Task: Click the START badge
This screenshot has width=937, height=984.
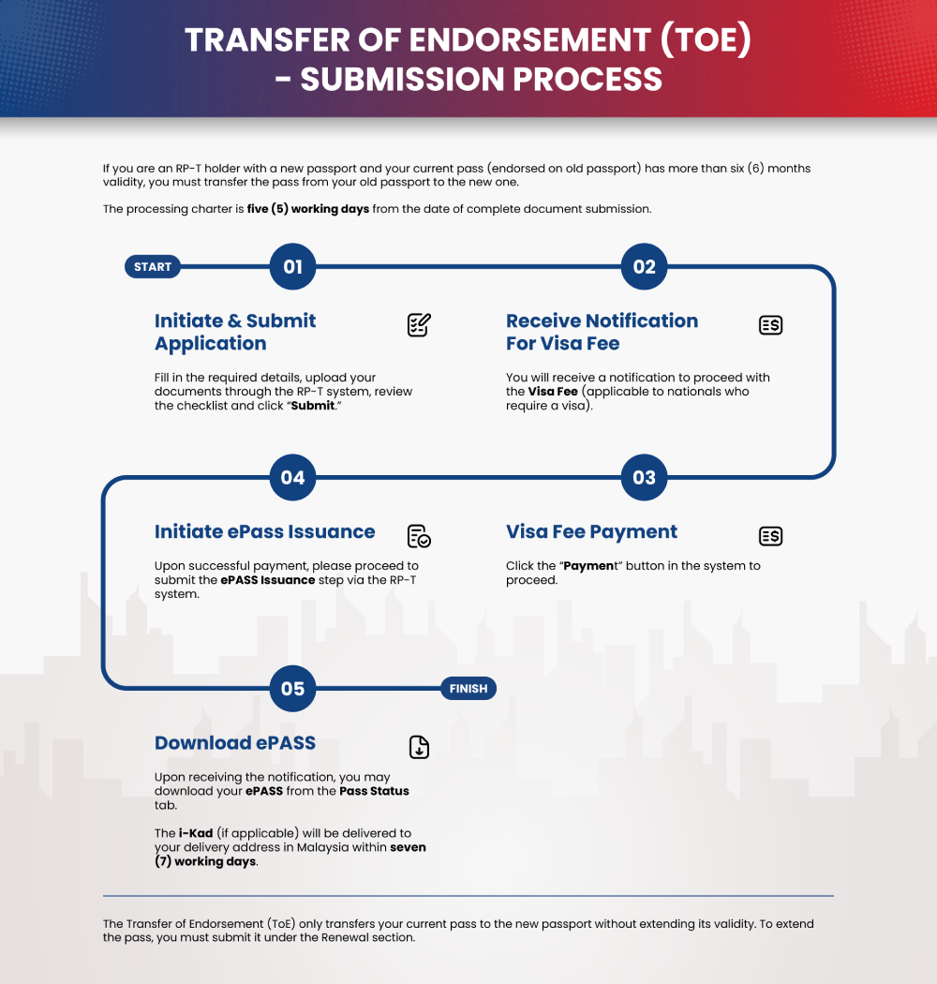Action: coord(152,267)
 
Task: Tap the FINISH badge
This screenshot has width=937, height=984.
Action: coord(468,689)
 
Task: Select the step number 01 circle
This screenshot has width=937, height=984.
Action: coord(292,267)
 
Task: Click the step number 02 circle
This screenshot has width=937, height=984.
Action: coord(644,267)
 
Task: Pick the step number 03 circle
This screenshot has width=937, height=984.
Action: coord(644,478)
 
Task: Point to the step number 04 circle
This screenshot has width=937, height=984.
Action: coord(292,478)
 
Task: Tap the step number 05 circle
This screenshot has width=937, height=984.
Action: coord(292,689)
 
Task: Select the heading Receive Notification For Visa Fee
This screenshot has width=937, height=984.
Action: coord(602,332)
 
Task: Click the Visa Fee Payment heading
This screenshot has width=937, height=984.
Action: coord(591,532)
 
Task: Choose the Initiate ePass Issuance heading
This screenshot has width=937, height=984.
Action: coord(264,532)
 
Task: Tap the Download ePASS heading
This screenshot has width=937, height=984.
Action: coord(234,743)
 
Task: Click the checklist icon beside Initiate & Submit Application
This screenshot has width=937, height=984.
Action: coord(419,325)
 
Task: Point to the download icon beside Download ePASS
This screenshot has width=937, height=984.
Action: coord(419,747)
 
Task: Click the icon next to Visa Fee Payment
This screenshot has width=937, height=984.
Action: coord(770,536)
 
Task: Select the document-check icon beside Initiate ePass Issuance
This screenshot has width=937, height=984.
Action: coord(419,536)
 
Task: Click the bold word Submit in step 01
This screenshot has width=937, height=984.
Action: coord(312,406)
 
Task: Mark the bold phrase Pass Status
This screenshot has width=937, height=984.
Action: coord(374,791)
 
